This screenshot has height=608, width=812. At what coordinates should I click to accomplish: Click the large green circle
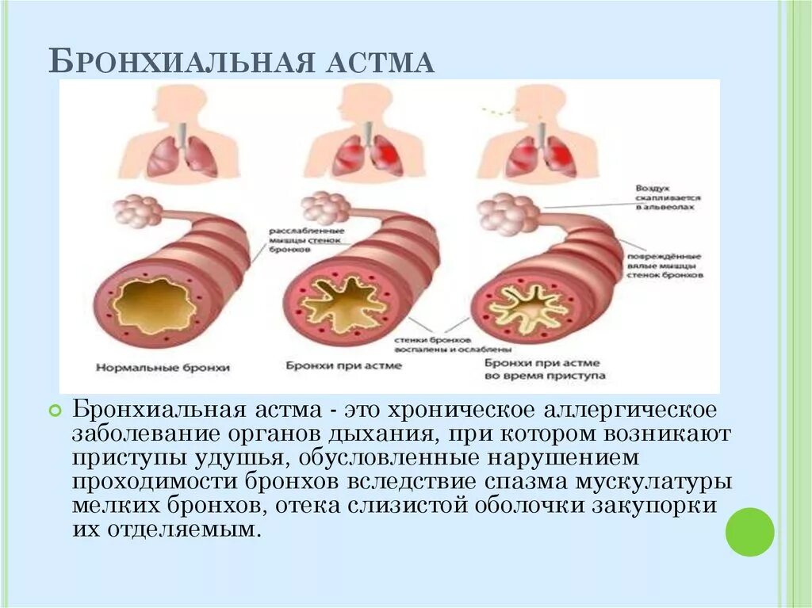click(x=749, y=532)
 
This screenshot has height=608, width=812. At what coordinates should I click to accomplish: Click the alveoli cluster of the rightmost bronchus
click(x=500, y=212)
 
